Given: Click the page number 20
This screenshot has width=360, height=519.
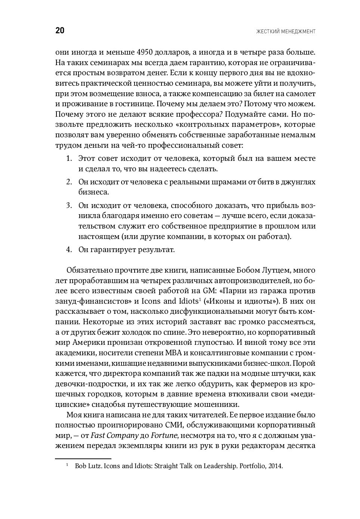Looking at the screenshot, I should [x=60, y=31].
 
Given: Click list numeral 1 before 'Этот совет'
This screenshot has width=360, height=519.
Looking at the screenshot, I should [x=69, y=159].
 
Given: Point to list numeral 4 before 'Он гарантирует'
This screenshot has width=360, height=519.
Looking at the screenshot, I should [x=69, y=250].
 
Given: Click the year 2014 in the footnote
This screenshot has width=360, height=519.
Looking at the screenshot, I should [x=276, y=466].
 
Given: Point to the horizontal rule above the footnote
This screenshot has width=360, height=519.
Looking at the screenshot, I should [x=83, y=458].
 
